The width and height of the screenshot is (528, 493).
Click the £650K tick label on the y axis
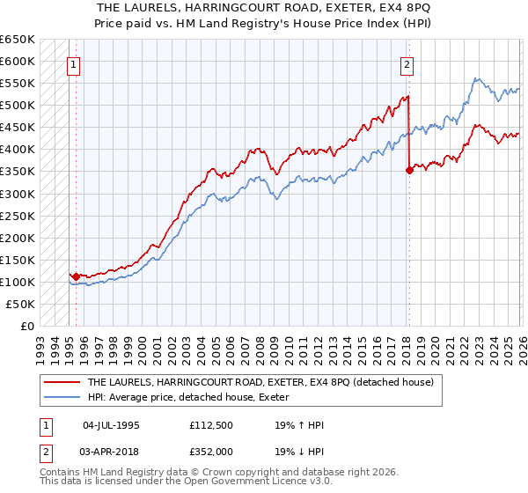pos(18,40)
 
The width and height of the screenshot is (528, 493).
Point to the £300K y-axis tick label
pos(18,194)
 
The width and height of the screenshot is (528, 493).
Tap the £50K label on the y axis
pos(21,304)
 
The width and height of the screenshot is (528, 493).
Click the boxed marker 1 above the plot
pos(73,63)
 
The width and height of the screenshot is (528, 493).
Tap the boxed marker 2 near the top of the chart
pos(407,63)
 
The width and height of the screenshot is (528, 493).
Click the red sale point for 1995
pos(77,276)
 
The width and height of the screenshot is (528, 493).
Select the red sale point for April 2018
pos(409,171)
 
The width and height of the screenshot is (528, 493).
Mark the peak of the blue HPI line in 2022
pos(476,78)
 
